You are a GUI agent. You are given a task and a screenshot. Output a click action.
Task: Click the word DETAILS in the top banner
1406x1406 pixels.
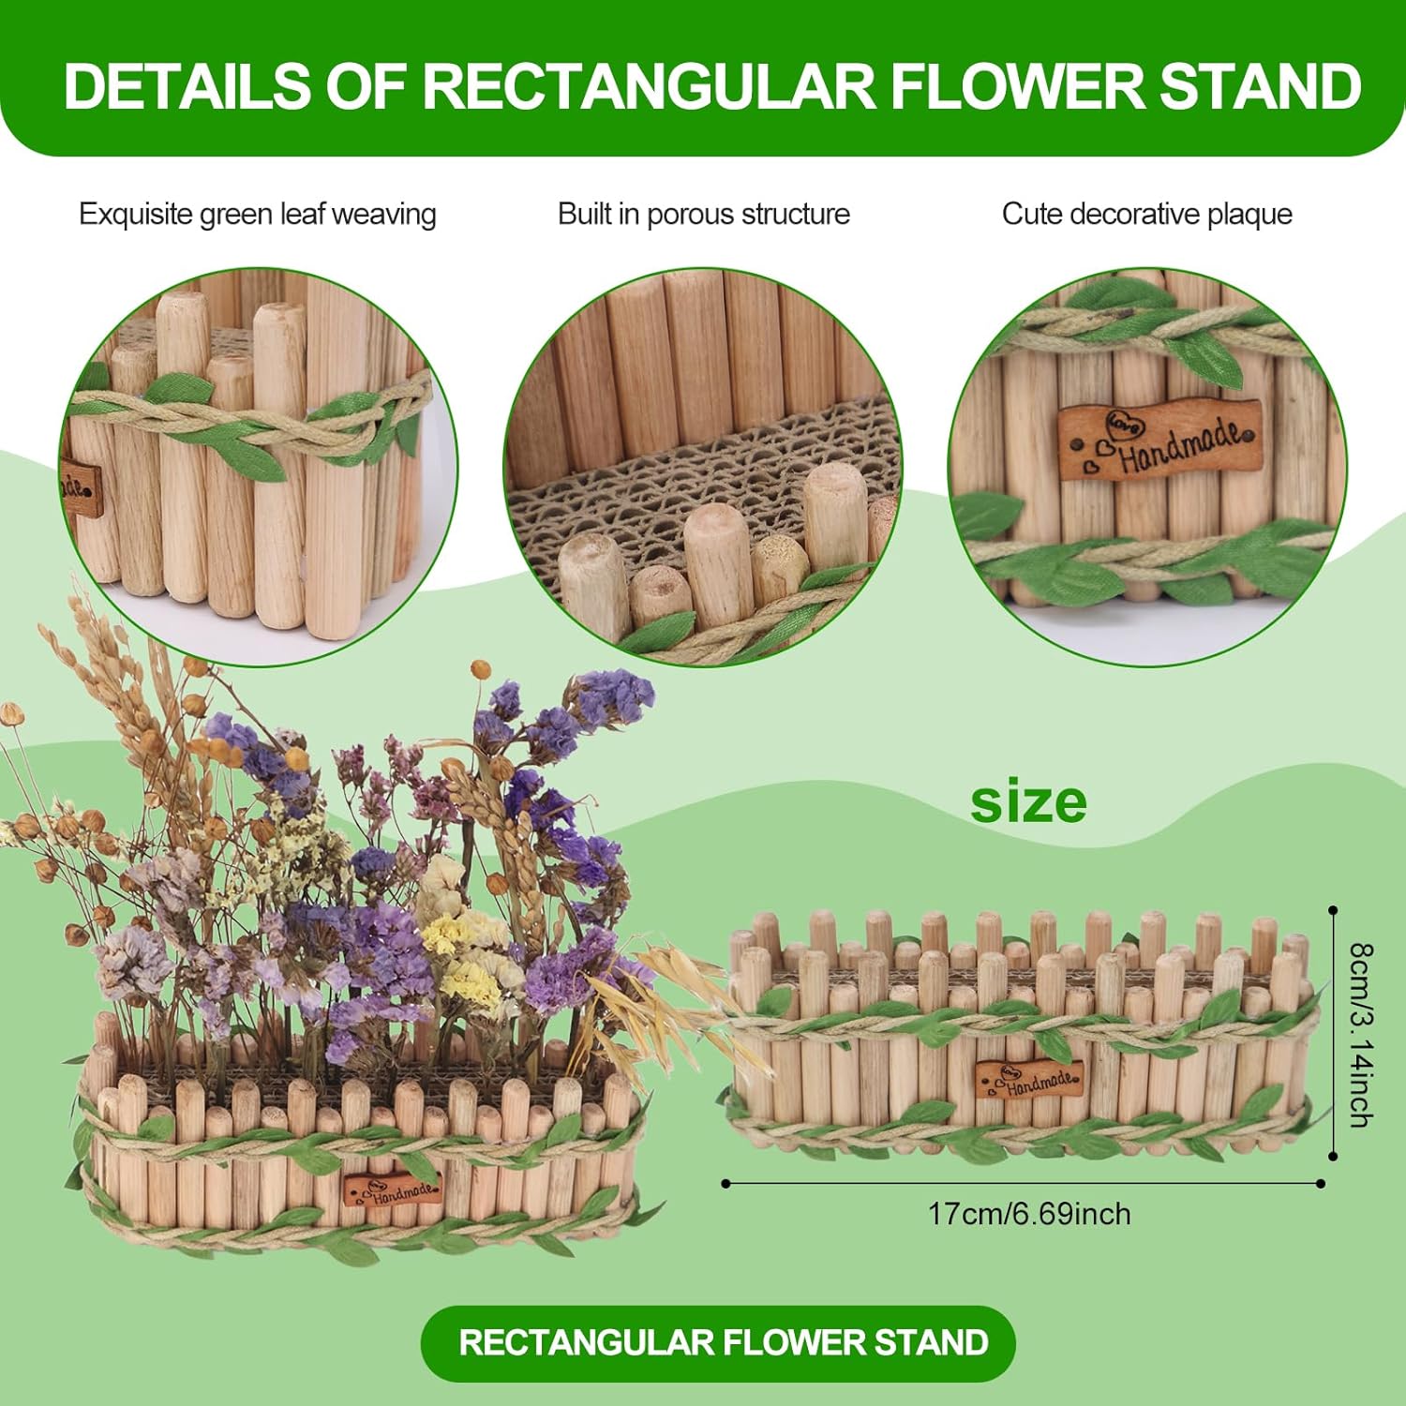(187, 86)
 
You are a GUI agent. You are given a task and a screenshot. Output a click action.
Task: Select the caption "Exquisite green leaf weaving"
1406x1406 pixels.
(258, 215)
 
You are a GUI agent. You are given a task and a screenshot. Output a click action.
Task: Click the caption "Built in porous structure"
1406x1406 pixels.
(704, 214)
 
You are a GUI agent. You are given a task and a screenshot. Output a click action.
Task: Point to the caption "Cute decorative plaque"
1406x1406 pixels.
(1147, 214)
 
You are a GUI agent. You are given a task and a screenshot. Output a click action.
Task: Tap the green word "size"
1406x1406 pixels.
(1028, 802)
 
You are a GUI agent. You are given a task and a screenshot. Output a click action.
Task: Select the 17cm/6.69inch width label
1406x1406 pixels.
(1029, 1214)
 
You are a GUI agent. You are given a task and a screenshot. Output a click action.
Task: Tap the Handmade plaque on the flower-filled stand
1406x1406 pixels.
(392, 1189)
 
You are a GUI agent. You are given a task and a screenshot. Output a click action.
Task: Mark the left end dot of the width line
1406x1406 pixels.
(725, 1184)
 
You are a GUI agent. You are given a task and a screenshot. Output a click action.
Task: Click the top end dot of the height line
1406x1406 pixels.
(1332, 909)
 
